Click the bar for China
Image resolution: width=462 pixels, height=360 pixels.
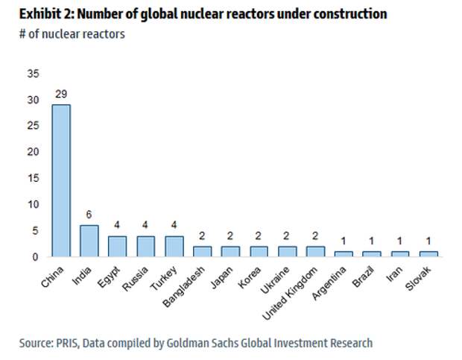pos(60,180)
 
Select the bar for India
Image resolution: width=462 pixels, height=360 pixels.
pos(89,241)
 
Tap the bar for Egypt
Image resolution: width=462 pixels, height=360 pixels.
pos(117,246)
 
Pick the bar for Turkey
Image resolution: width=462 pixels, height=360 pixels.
pos(173,246)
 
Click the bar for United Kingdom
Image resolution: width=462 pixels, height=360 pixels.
pos(314,251)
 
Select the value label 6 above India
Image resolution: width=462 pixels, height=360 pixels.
pos(89,216)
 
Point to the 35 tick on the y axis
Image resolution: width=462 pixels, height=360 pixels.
pos(32,74)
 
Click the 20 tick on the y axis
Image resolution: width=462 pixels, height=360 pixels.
pos(32,152)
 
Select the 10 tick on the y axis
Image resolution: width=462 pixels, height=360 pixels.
pos(32,204)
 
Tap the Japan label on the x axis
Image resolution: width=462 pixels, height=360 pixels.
pos(221,275)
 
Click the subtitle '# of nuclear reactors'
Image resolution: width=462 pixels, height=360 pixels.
pos(72,34)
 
